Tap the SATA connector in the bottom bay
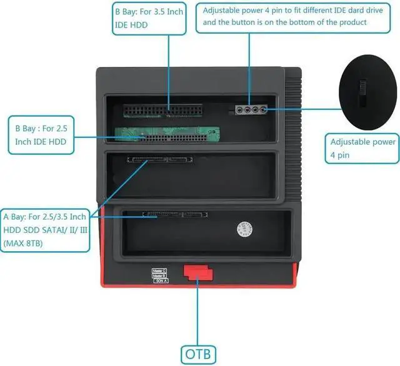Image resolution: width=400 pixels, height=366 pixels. [176, 214]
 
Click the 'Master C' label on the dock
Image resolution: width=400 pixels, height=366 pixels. [159, 270]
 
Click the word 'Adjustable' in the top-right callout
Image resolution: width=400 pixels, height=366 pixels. [224, 11]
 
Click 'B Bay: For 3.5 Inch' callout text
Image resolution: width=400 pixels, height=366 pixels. [149, 11]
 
